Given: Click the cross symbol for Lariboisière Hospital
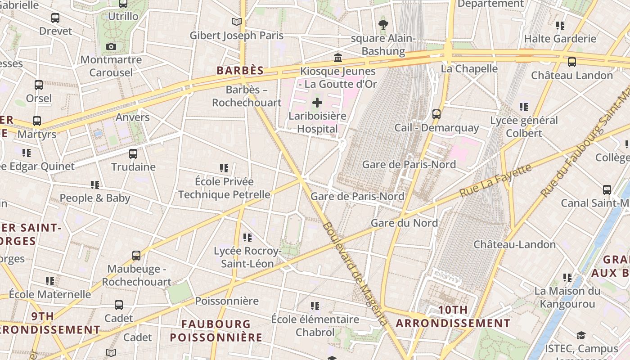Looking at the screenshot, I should pos(317,103).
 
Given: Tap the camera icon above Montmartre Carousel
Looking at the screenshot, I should pos(111,46).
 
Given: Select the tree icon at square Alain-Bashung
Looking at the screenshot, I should pos(383,24).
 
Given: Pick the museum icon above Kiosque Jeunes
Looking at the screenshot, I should pos(338,58).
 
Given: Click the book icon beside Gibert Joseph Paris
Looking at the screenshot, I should pos(236,22).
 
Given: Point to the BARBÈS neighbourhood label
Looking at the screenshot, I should pos(240,71).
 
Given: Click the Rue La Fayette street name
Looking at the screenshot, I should pos(495,180).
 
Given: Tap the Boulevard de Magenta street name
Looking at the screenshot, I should pos(355,274).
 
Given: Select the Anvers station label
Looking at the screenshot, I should pos(132,117).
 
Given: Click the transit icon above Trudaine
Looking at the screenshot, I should pos(133,154).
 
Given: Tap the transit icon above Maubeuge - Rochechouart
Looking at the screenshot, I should pos(136,256).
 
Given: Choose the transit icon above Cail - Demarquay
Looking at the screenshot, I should pos(436,114).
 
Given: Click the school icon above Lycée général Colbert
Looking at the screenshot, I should pos(523,107).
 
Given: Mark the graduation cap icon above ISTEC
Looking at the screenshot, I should pos(581,336).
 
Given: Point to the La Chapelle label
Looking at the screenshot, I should pos(469,69).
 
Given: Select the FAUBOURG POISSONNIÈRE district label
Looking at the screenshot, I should pos(216,330).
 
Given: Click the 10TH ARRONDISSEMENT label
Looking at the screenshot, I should pos(453,317).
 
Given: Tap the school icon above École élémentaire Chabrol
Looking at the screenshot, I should pos(315,306).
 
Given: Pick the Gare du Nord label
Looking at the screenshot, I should pos(404,223).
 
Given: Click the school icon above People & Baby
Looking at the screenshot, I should pos(94,185).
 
